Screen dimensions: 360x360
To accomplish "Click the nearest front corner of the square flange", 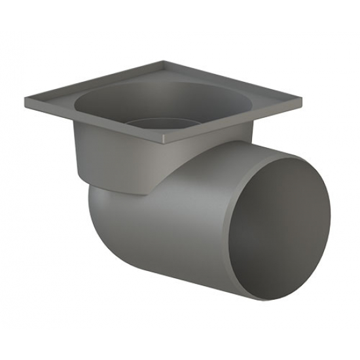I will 164,141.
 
